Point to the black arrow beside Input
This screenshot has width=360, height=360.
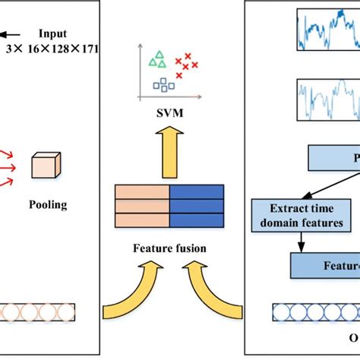[x=11, y=33]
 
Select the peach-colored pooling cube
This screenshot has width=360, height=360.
[x=46, y=166]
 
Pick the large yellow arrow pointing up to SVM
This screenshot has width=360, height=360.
[x=169, y=152]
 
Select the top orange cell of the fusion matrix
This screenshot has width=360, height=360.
[x=141, y=192]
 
